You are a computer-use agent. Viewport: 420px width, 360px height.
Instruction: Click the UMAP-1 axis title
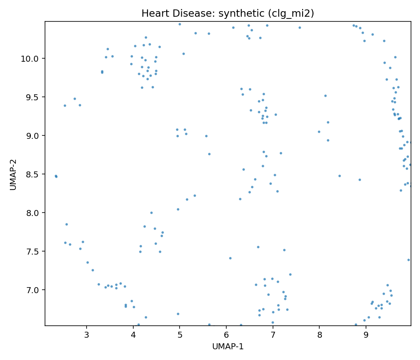coord(228,346)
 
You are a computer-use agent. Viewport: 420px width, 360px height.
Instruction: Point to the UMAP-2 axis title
coord(13,174)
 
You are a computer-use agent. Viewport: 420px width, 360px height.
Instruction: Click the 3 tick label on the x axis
coord(87,334)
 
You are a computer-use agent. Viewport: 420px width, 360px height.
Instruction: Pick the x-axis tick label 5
coord(180,334)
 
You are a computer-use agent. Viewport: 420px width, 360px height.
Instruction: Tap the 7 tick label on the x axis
coord(273,334)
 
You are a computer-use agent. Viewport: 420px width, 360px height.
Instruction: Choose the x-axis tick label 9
coord(366,334)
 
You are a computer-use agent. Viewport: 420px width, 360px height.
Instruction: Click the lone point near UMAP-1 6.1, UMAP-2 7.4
coord(230,258)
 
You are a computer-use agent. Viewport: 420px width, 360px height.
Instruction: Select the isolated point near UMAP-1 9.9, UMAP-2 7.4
coord(408,260)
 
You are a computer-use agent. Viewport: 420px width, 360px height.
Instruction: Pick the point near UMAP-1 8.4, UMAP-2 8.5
coord(339,176)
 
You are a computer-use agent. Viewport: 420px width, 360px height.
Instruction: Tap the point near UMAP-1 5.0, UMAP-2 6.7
coord(178,314)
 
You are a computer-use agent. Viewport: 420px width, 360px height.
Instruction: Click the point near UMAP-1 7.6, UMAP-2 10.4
coord(300,27)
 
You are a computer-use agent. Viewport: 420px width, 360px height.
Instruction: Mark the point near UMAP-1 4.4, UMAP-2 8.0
coord(151,213)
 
